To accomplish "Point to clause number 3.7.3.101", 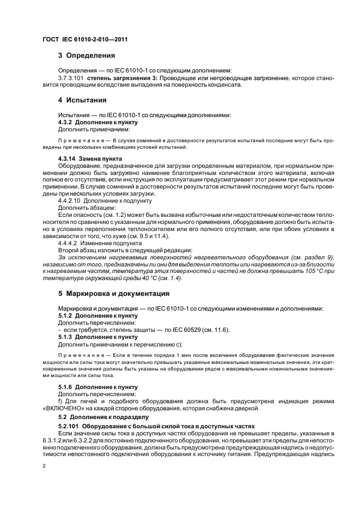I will [x=70, y=78].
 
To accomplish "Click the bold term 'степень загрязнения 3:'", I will [x=117, y=78].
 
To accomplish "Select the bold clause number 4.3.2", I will [x=66, y=123].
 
